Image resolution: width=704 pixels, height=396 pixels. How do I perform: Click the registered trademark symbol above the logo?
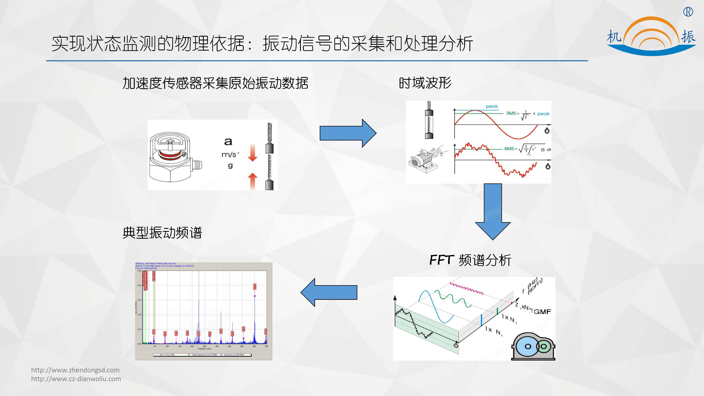688,12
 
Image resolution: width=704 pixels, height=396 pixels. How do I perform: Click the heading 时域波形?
425,83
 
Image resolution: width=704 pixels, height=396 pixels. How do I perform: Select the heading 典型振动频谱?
162,233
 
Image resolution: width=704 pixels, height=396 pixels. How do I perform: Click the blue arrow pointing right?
348,133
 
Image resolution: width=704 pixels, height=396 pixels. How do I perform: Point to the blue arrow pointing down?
493,212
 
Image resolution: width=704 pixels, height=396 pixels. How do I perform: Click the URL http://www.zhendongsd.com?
75,370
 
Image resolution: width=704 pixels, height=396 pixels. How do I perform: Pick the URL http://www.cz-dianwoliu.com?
76,379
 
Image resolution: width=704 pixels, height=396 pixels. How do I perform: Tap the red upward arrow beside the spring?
252,181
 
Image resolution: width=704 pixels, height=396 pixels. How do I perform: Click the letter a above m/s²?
228,142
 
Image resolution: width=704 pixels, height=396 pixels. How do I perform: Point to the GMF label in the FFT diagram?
542,312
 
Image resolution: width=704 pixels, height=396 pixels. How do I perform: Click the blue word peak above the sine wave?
492,106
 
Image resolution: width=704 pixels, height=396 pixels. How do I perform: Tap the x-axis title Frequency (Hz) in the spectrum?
204,349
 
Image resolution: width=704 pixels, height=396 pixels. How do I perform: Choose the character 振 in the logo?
688,37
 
